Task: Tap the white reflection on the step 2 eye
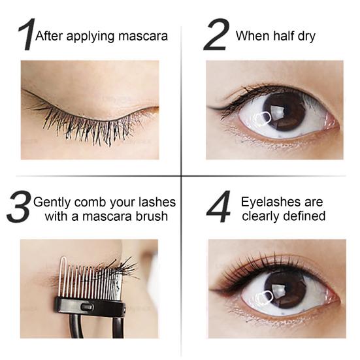(x=261, y=118)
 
